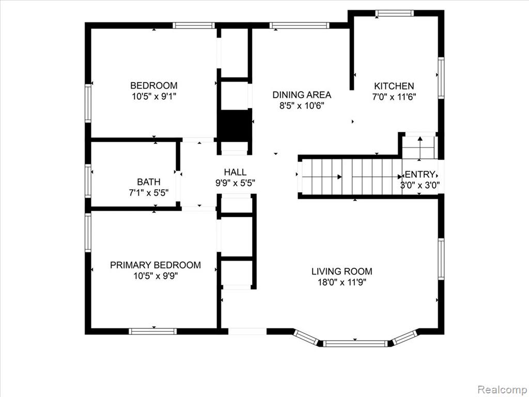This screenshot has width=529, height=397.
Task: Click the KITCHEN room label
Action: [394, 86]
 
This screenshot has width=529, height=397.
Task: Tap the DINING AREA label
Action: [302, 95]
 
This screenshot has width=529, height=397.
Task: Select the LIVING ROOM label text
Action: [342, 271]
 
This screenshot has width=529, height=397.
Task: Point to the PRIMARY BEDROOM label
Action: [155, 265]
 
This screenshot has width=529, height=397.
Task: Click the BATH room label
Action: [148, 182]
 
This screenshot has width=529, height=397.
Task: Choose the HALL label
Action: [235, 172]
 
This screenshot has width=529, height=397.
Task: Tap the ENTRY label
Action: [419, 175]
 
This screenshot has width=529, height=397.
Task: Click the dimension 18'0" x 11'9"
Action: [342, 282]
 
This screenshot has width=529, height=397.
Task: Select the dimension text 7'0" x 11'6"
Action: [394, 97]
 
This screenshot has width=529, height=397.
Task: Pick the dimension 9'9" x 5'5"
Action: [235, 183]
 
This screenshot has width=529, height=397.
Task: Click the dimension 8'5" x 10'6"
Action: [302, 105]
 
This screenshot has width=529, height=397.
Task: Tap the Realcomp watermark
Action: [503, 389]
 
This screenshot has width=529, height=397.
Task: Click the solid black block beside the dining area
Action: [235, 126]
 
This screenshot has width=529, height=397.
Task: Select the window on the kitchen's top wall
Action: [394, 13]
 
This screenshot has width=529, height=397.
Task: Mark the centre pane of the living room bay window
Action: [355, 344]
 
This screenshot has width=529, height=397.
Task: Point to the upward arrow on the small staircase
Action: [420, 147]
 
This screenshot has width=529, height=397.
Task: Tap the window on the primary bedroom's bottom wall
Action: [153, 331]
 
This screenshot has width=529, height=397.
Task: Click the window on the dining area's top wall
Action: [300, 25]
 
